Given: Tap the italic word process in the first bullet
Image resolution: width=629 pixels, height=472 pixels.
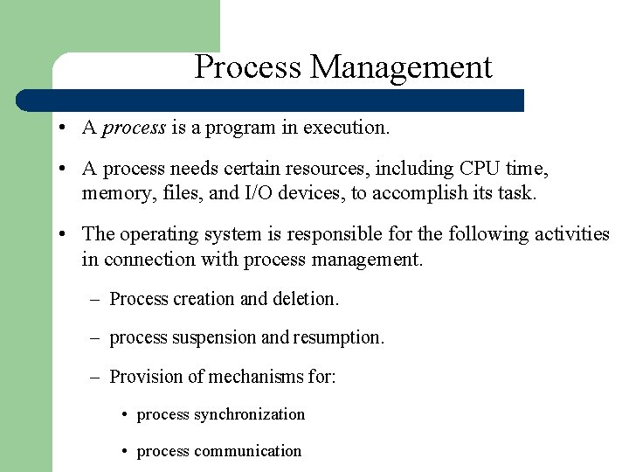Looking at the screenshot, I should point(134,128).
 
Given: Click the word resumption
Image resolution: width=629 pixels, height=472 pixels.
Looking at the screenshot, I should point(338,337).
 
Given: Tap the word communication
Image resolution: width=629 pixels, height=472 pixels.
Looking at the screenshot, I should point(247,452).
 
